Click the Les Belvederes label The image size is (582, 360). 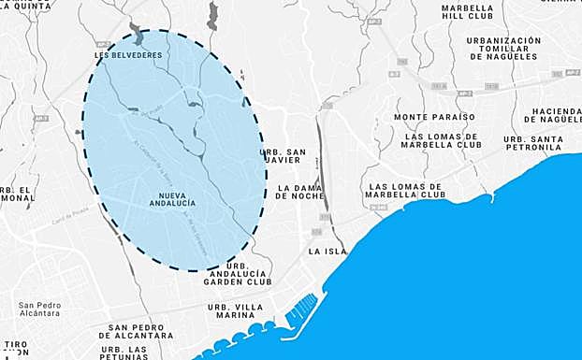point(129,55)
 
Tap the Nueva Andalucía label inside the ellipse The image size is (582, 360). point(171,200)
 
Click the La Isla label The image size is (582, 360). point(327,252)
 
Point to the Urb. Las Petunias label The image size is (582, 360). point(124,353)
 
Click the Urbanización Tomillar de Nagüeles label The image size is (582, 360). point(503,49)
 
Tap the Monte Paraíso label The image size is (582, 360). point(434,117)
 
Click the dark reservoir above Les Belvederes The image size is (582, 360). point(138,36)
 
